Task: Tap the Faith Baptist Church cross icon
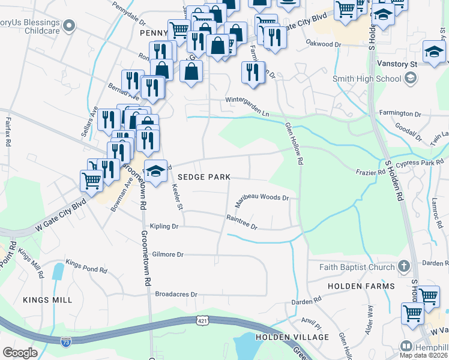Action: click(405, 266)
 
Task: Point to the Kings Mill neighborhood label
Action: click(47, 300)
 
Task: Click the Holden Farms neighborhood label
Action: click(361, 286)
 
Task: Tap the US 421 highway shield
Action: click(202, 321)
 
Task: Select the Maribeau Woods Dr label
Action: click(262, 200)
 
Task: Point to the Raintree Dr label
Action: click(241, 223)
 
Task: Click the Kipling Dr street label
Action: click(165, 227)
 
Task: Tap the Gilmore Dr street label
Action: click(167, 254)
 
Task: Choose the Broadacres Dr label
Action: click(176, 295)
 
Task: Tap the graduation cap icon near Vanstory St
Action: click(433, 52)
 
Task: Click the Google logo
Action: click(20, 353)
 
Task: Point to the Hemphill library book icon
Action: click(406, 347)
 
